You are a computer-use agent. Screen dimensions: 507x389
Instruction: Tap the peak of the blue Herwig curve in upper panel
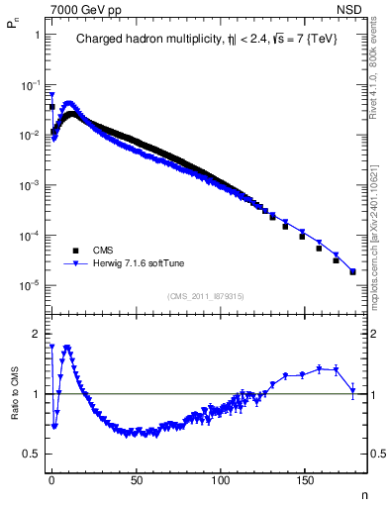tap(68, 102)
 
